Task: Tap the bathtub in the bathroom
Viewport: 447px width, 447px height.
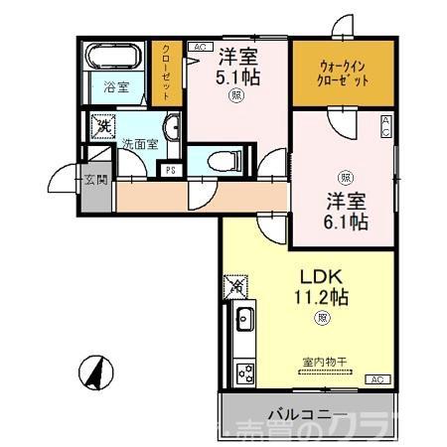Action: [x=116, y=59]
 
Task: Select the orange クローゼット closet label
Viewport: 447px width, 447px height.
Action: [x=167, y=71]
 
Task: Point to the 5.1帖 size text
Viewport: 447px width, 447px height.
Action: [x=238, y=74]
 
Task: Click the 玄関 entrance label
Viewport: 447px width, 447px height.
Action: [x=95, y=181]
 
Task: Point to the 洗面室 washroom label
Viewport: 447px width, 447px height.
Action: [x=138, y=144]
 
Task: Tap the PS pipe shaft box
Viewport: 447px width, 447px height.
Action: [x=171, y=168]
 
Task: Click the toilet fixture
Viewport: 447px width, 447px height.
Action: [x=224, y=159]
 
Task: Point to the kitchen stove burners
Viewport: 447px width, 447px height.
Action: [x=244, y=373]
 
